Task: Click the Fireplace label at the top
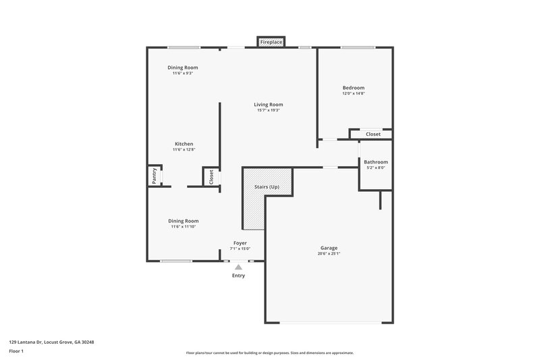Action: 271,42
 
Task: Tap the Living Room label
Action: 268,105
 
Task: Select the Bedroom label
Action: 353,88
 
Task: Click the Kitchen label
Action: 184,144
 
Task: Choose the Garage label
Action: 329,248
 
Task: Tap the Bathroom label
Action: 375,162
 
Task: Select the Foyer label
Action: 240,242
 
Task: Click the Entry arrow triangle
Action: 238,267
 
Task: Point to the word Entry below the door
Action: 238,276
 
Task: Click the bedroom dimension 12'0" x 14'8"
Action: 353,94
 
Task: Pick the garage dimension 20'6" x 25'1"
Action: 329,254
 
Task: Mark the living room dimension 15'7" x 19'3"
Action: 268,111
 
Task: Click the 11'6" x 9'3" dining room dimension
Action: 182,74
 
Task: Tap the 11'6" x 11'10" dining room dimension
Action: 183,227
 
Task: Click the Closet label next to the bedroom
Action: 373,134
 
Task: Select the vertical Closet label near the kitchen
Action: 211,177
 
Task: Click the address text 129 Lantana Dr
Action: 51,342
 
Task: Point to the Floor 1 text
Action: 17,352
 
